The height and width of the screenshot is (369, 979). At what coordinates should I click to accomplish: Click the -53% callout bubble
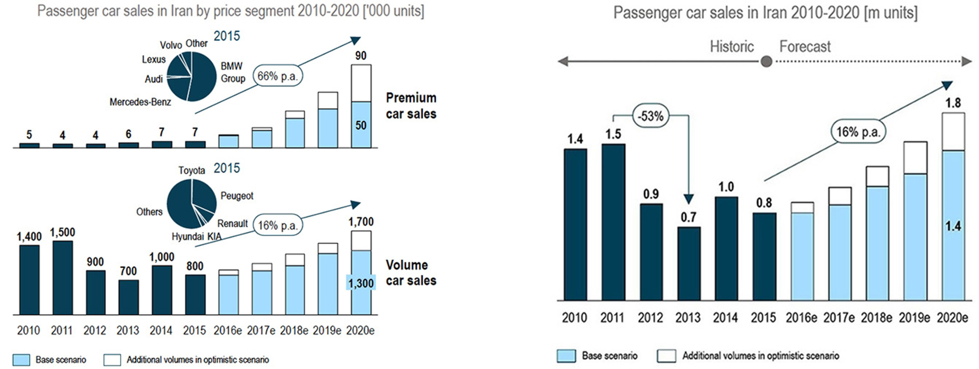point(650,116)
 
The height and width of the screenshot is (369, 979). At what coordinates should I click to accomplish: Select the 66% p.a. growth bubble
point(278,76)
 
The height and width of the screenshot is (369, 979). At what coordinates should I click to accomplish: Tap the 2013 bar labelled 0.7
point(688,263)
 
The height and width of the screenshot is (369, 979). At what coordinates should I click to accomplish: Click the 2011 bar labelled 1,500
point(63,277)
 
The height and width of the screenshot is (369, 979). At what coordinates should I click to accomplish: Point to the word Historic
point(732,47)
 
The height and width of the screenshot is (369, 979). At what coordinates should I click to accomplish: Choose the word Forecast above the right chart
point(805,47)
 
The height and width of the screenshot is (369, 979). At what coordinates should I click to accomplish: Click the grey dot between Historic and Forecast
point(767,61)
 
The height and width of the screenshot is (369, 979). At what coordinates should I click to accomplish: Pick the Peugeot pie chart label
point(237,196)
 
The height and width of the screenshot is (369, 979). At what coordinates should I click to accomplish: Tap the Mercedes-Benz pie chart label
point(140,102)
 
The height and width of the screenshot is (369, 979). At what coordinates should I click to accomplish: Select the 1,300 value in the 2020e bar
point(361,283)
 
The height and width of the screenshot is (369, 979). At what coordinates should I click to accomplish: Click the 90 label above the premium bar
point(361,56)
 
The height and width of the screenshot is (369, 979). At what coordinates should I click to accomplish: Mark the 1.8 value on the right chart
point(953,103)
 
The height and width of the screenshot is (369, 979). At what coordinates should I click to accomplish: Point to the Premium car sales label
point(411,106)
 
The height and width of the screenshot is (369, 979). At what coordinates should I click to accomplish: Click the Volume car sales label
point(411,273)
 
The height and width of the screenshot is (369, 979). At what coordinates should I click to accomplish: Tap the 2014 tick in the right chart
point(725,317)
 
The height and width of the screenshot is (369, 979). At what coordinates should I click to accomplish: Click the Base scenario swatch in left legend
point(21,359)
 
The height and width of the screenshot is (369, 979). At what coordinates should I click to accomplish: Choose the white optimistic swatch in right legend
point(666,356)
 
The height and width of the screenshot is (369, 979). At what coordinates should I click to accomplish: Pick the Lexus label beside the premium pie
point(154,59)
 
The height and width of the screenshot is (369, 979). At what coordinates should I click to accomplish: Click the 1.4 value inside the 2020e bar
point(953,227)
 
